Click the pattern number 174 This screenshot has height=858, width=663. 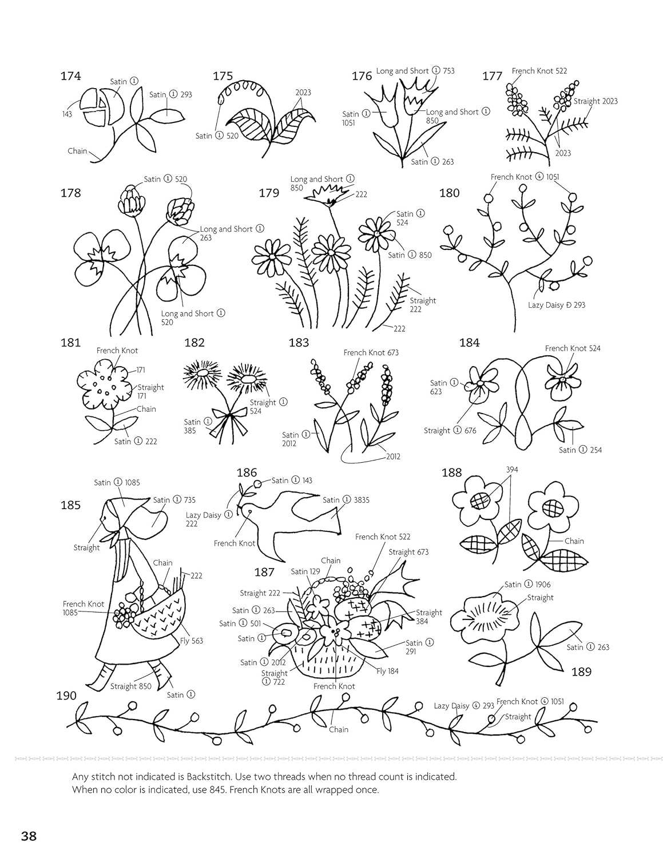tap(70, 76)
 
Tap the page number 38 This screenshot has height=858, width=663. tap(29, 836)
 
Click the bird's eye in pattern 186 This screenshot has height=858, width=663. tap(249, 512)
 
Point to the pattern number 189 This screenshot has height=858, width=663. tap(581, 672)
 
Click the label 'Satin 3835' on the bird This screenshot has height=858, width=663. tap(346, 499)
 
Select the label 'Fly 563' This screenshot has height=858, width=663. tap(192, 641)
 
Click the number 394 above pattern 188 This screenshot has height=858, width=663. tap(512, 470)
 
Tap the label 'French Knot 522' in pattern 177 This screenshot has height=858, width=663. tap(539, 71)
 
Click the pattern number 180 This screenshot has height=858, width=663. tap(449, 193)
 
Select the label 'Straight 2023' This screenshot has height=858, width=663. tap(595, 101)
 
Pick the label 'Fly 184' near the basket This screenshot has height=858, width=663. tap(387, 671)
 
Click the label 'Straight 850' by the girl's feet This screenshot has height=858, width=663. tap(130, 686)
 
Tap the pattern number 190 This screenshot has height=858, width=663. tap(66, 696)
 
